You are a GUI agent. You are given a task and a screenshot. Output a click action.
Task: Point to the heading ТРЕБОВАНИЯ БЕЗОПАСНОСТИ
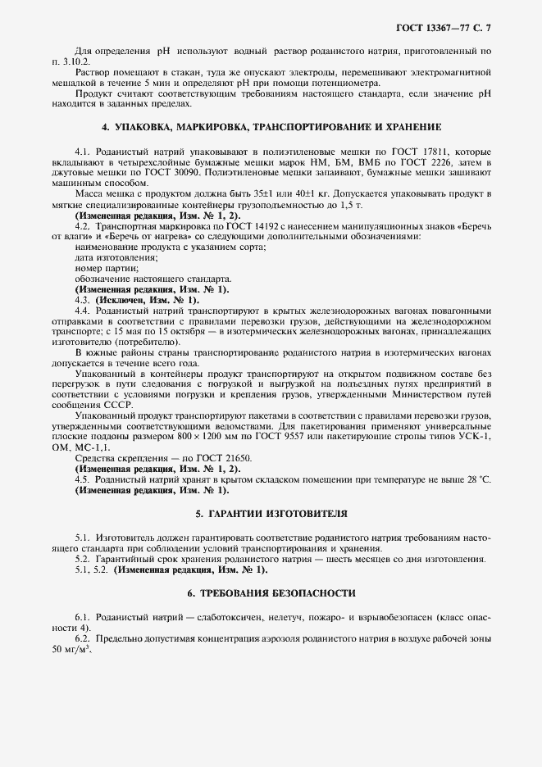pos(271,592)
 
